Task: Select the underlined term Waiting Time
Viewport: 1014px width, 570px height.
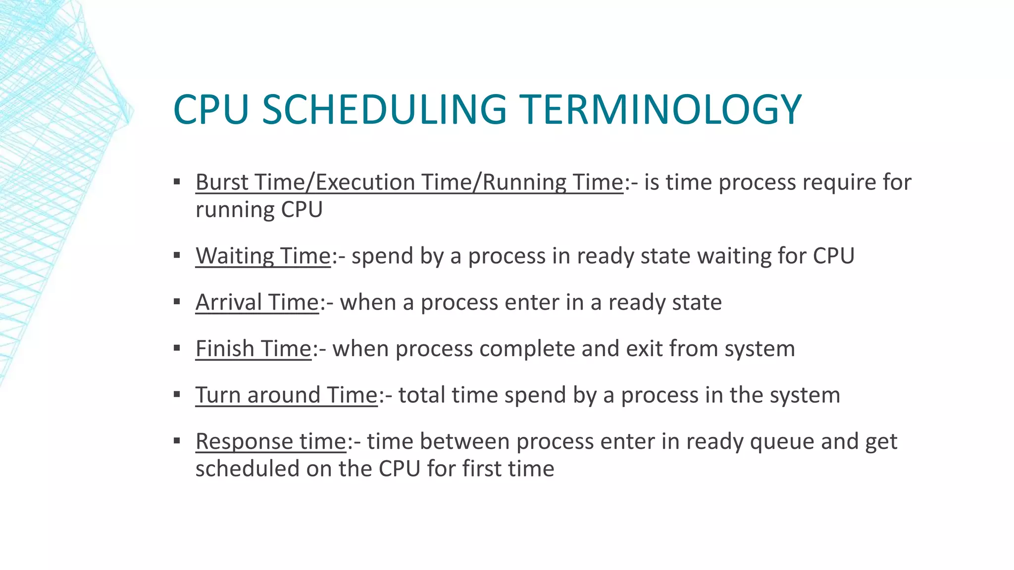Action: pos(263,256)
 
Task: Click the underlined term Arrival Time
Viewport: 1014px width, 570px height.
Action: pos(257,302)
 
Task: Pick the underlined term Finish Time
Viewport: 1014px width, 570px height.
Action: pos(253,349)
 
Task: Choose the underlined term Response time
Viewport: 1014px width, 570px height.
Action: pos(270,441)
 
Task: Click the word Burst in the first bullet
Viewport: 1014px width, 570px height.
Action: pos(222,182)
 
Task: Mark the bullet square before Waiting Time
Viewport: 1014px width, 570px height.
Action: pos(177,255)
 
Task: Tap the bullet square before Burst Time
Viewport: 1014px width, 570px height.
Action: pos(177,182)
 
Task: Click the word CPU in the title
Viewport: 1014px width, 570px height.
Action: pos(211,109)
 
